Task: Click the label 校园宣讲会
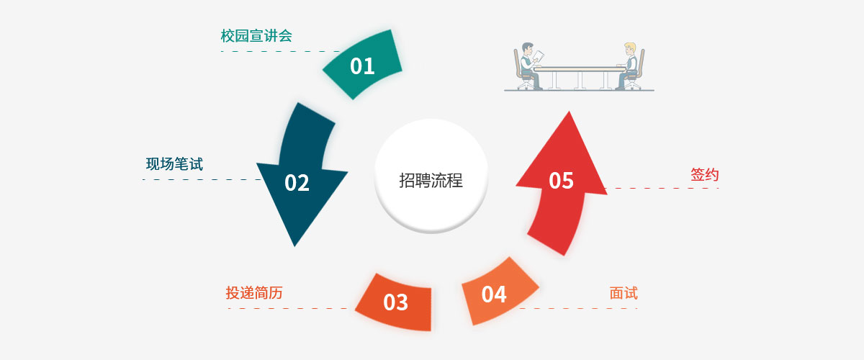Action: pyautogui.click(x=256, y=36)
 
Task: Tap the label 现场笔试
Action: pyautogui.click(x=174, y=164)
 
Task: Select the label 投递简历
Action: pyautogui.click(x=253, y=293)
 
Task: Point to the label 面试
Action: pyautogui.click(x=624, y=293)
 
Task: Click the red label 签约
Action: pyautogui.click(x=705, y=175)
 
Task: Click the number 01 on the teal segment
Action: pyautogui.click(x=362, y=66)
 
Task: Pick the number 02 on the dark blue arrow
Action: pyautogui.click(x=297, y=183)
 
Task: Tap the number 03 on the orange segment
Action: pyautogui.click(x=395, y=302)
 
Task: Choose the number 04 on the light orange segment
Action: pyautogui.click(x=494, y=294)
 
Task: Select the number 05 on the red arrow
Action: pyautogui.click(x=561, y=180)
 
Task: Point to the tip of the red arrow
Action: pyautogui.click(x=569, y=113)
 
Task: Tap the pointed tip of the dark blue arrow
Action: pyautogui.click(x=294, y=245)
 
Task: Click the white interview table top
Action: pyautogui.click(x=580, y=68)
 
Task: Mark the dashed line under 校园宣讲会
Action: pyautogui.click(x=281, y=52)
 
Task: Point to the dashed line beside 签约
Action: pyautogui.click(x=662, y=189)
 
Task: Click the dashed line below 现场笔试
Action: pyautogui.click(x=202, y=179)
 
